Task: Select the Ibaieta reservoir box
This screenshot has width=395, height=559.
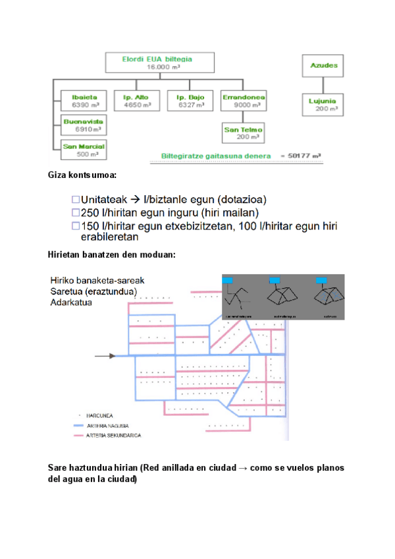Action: click(82, 101)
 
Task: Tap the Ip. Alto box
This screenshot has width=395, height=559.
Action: click(136, 101)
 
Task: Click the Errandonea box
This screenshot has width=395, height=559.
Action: click(244, 101)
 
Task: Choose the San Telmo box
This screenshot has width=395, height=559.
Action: click(242, 132)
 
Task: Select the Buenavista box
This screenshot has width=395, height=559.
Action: click(83, 125)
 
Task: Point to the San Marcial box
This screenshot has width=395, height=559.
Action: click(83, 149)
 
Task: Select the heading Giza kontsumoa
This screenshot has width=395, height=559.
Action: click(83, 175)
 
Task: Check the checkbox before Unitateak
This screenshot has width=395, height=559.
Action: click(75, 199)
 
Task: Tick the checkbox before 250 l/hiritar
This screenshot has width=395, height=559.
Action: click(75, 212)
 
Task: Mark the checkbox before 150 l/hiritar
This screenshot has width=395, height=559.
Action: click(75, 226)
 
